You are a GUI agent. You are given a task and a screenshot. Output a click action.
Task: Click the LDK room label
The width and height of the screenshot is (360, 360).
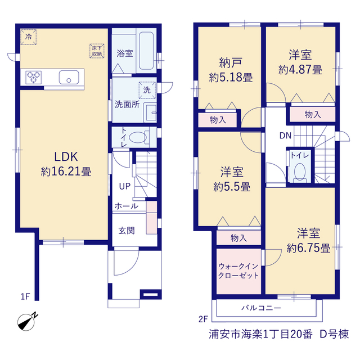coord(66,157)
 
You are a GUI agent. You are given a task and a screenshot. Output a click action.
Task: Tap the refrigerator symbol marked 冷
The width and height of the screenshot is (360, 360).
coord(29,37)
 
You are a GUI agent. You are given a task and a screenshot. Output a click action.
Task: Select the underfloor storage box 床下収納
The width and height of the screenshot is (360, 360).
coord(97,51)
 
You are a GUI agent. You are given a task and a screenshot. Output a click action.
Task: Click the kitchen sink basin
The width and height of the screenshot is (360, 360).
coord(69,78)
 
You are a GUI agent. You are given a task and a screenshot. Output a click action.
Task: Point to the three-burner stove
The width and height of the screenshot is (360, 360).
coord(34,77)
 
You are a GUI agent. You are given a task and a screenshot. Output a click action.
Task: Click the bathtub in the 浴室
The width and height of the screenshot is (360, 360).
coord(146,51)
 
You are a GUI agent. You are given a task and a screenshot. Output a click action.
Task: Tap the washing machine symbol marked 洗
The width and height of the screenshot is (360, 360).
coord(147,90)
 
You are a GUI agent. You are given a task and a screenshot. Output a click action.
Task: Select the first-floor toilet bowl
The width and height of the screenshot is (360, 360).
coord(138,137)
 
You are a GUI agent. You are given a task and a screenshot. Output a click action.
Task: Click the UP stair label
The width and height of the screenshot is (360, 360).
coord(125,186)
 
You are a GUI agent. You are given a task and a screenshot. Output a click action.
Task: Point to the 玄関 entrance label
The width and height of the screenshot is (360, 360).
coord(127,231)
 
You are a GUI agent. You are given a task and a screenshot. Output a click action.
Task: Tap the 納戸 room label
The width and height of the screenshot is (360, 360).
coord(231,62)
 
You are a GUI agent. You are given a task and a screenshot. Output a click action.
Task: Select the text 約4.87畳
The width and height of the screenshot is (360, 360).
coord(300,70)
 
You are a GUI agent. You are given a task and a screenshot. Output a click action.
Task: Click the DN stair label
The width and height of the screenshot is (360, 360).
coord(285,136)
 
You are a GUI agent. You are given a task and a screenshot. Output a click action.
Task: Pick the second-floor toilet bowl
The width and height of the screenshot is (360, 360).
coord(300,172)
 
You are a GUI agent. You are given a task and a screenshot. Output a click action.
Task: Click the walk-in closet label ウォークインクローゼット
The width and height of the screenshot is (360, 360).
coord(238,271)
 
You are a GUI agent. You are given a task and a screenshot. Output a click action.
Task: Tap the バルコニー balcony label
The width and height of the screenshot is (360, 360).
coord(261,308)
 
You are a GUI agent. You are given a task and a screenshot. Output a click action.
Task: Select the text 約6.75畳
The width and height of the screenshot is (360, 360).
coord(308,248)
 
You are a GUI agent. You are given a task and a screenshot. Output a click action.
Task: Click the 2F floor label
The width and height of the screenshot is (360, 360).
coord(203,319)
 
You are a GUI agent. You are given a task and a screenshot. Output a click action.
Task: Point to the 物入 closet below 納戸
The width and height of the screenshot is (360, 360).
coord(218,120)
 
